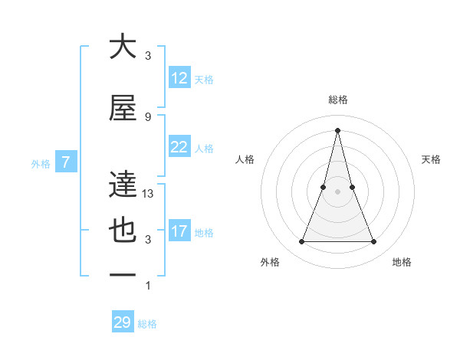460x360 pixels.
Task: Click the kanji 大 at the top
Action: pos(123,47)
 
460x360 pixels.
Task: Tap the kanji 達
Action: pos(123,185)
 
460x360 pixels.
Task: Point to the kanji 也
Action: pos(123,231)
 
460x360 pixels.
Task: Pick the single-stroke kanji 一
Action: pos(123,275)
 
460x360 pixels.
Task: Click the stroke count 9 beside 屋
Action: pos(148,116)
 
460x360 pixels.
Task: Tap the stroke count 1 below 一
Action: pos(148,286)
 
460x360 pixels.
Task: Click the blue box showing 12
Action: pos(179,78)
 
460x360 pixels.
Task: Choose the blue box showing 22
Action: pos(179,147)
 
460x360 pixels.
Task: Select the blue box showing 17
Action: pos(179,231)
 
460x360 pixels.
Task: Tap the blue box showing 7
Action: pos(67,162)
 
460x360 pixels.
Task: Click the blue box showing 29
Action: pos(123,322)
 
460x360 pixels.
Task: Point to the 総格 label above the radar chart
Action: pos(337,100)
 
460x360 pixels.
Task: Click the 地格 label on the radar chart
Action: pos(402,262)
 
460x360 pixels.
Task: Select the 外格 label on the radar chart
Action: pos(271,262)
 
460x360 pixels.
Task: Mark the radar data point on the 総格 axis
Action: pos(337,130)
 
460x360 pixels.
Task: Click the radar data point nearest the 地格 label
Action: pos(374,242)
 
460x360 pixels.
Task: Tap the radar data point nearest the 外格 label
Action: pos(301,242)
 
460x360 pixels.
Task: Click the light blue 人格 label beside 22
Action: pos(204,148)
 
